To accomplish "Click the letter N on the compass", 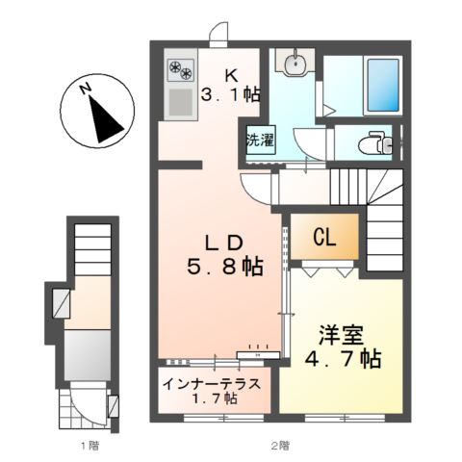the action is [x=85, y=89].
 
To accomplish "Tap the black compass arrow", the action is [x=105, y=120].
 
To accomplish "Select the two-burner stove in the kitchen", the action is [x=181, y=70].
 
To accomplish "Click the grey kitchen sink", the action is [x=181, y=102].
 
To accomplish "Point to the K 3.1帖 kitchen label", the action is [x=230, y=86].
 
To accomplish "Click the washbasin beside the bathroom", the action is [x=295, y=64].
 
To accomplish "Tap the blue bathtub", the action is [x=383, y=85].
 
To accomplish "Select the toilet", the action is [x=376, y=142].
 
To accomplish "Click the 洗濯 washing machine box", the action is [x=261, y=141].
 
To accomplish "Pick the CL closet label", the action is [x=324, y=238].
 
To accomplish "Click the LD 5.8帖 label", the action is [x=224, y=256].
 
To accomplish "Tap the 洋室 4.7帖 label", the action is [x=342, y=348].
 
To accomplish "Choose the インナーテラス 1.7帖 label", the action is [x=212, y=391].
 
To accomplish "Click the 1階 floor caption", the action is [x=90, y=446].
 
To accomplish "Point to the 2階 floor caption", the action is [x=280, y=446].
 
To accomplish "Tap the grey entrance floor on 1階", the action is [x=88, y=355].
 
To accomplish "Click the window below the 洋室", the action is [x=345, y=418].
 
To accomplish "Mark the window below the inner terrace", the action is [x=223, y=418].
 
